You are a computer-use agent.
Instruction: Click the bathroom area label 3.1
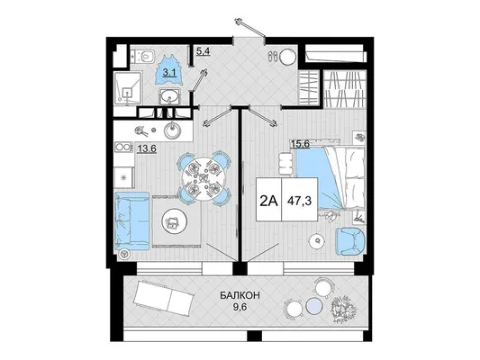tap(170, 73)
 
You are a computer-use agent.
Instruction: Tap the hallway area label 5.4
tap(203, 51)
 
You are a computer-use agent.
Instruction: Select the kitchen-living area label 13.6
tap(147, 149)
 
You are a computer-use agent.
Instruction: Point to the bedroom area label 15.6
tap(299, 143)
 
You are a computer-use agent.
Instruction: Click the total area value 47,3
tap(299, 201)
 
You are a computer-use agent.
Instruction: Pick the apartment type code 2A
tap(268, 201)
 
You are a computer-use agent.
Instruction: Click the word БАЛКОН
tap(240, 295)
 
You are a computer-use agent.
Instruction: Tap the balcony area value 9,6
tap(240, 307)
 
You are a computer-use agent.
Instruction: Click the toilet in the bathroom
tap(144, 56)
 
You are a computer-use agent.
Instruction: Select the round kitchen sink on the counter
tap(173, 130)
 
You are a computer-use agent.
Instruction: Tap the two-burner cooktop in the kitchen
tap(123, 147)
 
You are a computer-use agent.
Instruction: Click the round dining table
tap(204, 178)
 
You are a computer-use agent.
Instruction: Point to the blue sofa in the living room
tap(131, 220)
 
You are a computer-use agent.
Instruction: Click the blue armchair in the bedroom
tap(350, 240)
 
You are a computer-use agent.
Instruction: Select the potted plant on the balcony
tap(344, 309)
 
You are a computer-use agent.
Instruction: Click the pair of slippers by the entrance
tap(273, 57)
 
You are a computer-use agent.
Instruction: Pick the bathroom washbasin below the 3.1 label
tap(169, 96)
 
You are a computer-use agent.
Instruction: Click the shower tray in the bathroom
tap(128, 88)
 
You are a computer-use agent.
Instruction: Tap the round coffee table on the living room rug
tap(173, 221)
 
